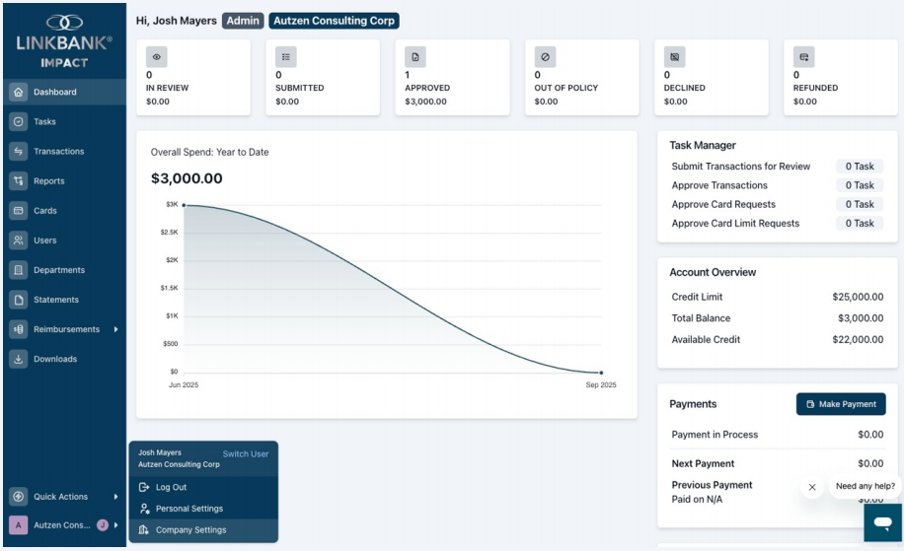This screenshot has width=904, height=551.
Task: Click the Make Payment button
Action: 841,404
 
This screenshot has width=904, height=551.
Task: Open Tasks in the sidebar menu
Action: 44,121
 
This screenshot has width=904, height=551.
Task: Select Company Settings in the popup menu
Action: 190,529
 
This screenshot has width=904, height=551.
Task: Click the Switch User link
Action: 246,453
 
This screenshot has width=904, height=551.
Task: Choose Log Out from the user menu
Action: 171,487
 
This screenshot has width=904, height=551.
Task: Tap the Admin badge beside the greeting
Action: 243,21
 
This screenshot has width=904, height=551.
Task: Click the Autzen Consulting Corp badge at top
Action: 334,21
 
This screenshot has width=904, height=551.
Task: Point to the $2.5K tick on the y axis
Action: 169,232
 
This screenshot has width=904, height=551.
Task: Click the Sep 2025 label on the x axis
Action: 601,384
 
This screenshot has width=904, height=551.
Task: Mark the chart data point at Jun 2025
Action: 184,205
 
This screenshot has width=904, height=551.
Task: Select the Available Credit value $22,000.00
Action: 858,340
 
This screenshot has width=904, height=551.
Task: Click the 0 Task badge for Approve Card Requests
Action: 860,204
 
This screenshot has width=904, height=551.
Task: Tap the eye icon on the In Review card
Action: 156,57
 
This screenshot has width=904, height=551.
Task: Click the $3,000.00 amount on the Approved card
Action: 425,102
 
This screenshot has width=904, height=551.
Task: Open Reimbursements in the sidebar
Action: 66,329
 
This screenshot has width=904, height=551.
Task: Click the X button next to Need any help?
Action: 812,487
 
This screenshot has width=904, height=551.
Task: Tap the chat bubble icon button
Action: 882,522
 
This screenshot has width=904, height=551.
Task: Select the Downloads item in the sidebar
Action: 54,359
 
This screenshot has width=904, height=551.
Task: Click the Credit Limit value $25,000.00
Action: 858,297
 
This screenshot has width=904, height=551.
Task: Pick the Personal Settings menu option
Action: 189,509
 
